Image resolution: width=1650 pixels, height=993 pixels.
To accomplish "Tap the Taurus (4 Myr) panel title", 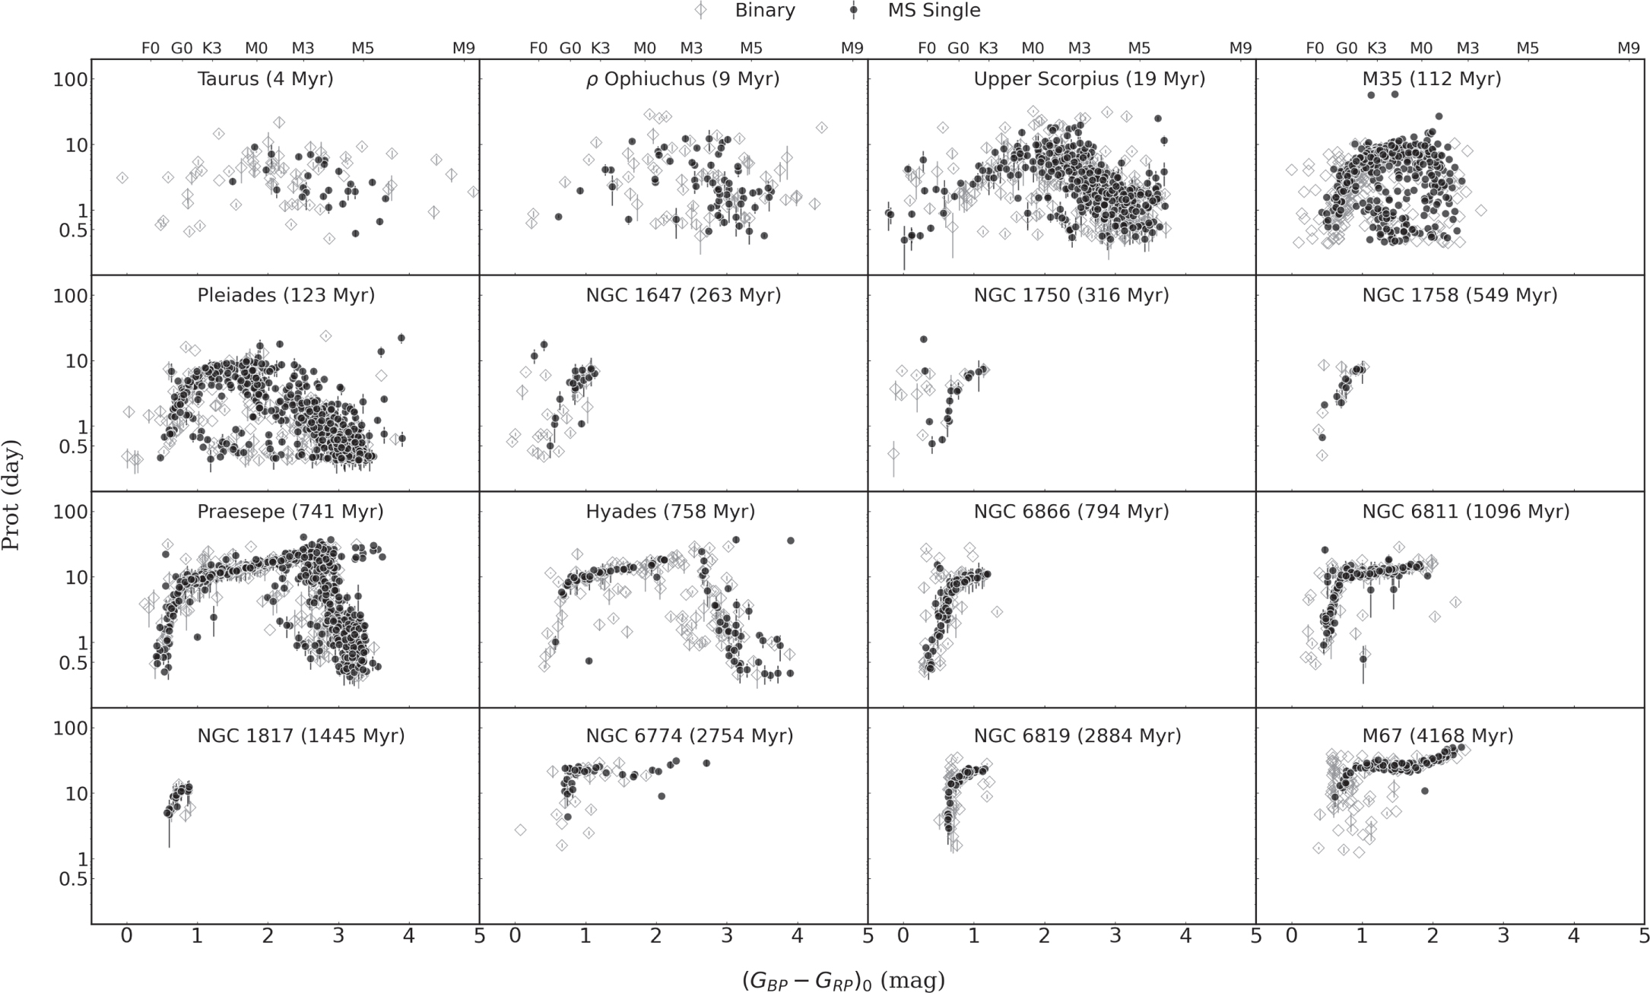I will tap(265, 79).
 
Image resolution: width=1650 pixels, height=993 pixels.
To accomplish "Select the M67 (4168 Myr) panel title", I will tap(1438, 736).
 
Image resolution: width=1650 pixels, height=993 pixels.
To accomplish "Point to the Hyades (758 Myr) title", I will tap(671, 512).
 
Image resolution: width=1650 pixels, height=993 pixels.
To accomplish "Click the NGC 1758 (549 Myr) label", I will tap(1460, 295).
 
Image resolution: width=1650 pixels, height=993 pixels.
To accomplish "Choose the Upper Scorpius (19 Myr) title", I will tap(1090, 79).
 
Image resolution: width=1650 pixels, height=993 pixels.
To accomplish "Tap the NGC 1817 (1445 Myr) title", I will tap(301, 736).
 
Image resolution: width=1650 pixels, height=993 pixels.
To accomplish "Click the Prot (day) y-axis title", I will tap(11, 495).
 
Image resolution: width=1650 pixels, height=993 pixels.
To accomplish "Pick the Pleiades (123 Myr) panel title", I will tap(286, 295).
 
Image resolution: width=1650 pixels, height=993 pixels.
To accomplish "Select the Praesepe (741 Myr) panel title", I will tap(290, 512).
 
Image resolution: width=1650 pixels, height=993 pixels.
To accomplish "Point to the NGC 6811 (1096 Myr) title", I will tap(1466, 512).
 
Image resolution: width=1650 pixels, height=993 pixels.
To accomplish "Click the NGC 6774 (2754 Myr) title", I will tap(690, 736).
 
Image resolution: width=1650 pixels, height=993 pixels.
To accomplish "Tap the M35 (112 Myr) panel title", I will tap(1433, 79).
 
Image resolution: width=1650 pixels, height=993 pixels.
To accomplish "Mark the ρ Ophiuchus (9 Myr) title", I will tap(683, 79).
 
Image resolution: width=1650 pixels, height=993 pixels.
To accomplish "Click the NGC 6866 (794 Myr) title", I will tap(1071, 512).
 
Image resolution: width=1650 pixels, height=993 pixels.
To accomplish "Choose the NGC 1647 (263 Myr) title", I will tap(684, 295).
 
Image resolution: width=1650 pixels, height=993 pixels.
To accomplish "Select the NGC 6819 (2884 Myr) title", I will tap(1077, 736).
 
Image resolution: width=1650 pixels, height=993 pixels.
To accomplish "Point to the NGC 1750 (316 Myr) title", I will tap(1071, 295).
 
